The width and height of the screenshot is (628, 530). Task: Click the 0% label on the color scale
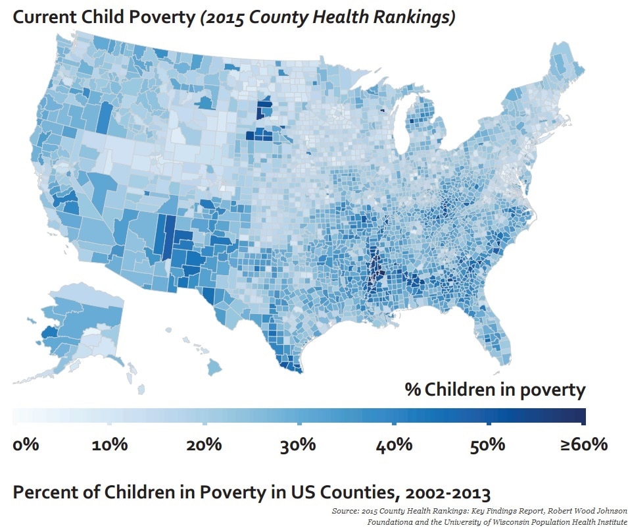[26, 444]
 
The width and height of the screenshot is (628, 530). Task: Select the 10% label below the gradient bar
[110, 444]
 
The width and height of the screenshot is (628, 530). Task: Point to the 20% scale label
[204, 444]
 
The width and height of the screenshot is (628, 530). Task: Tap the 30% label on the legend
[299, 444]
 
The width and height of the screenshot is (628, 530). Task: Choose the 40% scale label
[393, 444]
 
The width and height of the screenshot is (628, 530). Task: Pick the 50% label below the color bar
[487, 444]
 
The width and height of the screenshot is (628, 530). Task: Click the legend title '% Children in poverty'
[495, 390]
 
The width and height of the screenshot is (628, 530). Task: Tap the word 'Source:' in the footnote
[347, 511]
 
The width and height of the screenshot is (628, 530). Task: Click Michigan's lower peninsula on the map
[422, 128]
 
